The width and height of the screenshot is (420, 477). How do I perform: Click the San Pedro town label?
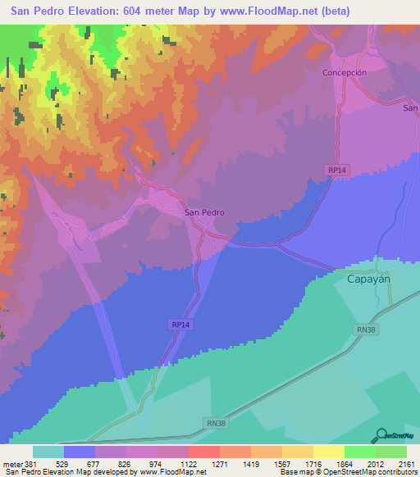click(204, 212)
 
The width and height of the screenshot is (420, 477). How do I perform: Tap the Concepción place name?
click(343, 72)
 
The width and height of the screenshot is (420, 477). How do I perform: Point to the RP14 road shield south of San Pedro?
click(182, 325)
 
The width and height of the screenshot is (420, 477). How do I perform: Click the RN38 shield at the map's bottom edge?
click(214, 421)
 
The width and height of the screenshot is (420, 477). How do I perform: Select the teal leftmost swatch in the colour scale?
click(48, 452)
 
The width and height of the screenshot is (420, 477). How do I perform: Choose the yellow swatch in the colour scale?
click(328, 452)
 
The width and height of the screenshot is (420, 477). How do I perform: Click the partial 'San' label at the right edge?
click(410, 107)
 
